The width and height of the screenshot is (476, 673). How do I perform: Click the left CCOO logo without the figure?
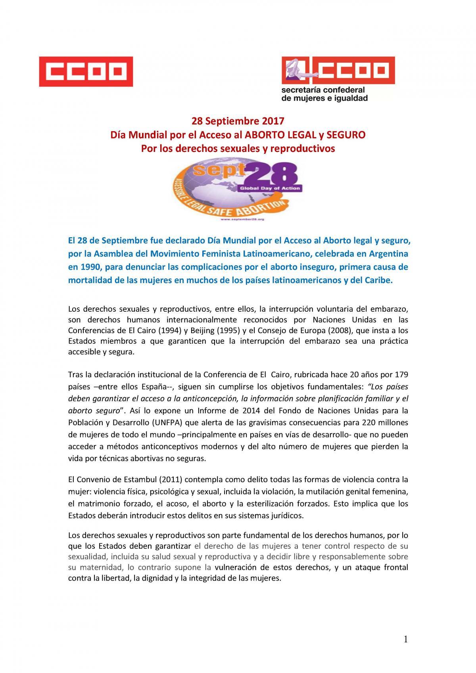[x=85, y=71]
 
